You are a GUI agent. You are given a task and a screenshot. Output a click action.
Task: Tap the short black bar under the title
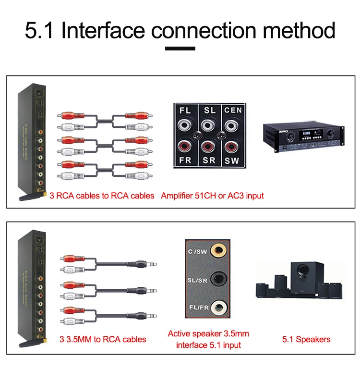click(180, 48)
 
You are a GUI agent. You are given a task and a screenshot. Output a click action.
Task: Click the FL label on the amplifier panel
click(185, 110)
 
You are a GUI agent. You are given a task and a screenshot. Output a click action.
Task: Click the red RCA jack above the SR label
click(208, 146)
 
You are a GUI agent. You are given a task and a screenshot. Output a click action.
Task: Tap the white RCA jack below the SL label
click(208, 125)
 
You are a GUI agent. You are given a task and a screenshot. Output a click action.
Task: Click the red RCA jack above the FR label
click(185, 146)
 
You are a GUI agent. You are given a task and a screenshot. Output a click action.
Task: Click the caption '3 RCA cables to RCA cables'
click(102, 196)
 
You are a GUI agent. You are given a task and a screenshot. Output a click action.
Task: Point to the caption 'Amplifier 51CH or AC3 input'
click(212, 196)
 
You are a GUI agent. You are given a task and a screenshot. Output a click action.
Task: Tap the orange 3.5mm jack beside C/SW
click(219, 250)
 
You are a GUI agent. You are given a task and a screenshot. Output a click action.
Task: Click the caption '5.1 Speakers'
click(306, 339)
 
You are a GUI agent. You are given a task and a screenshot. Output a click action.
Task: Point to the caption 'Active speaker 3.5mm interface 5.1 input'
click(208, 339)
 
